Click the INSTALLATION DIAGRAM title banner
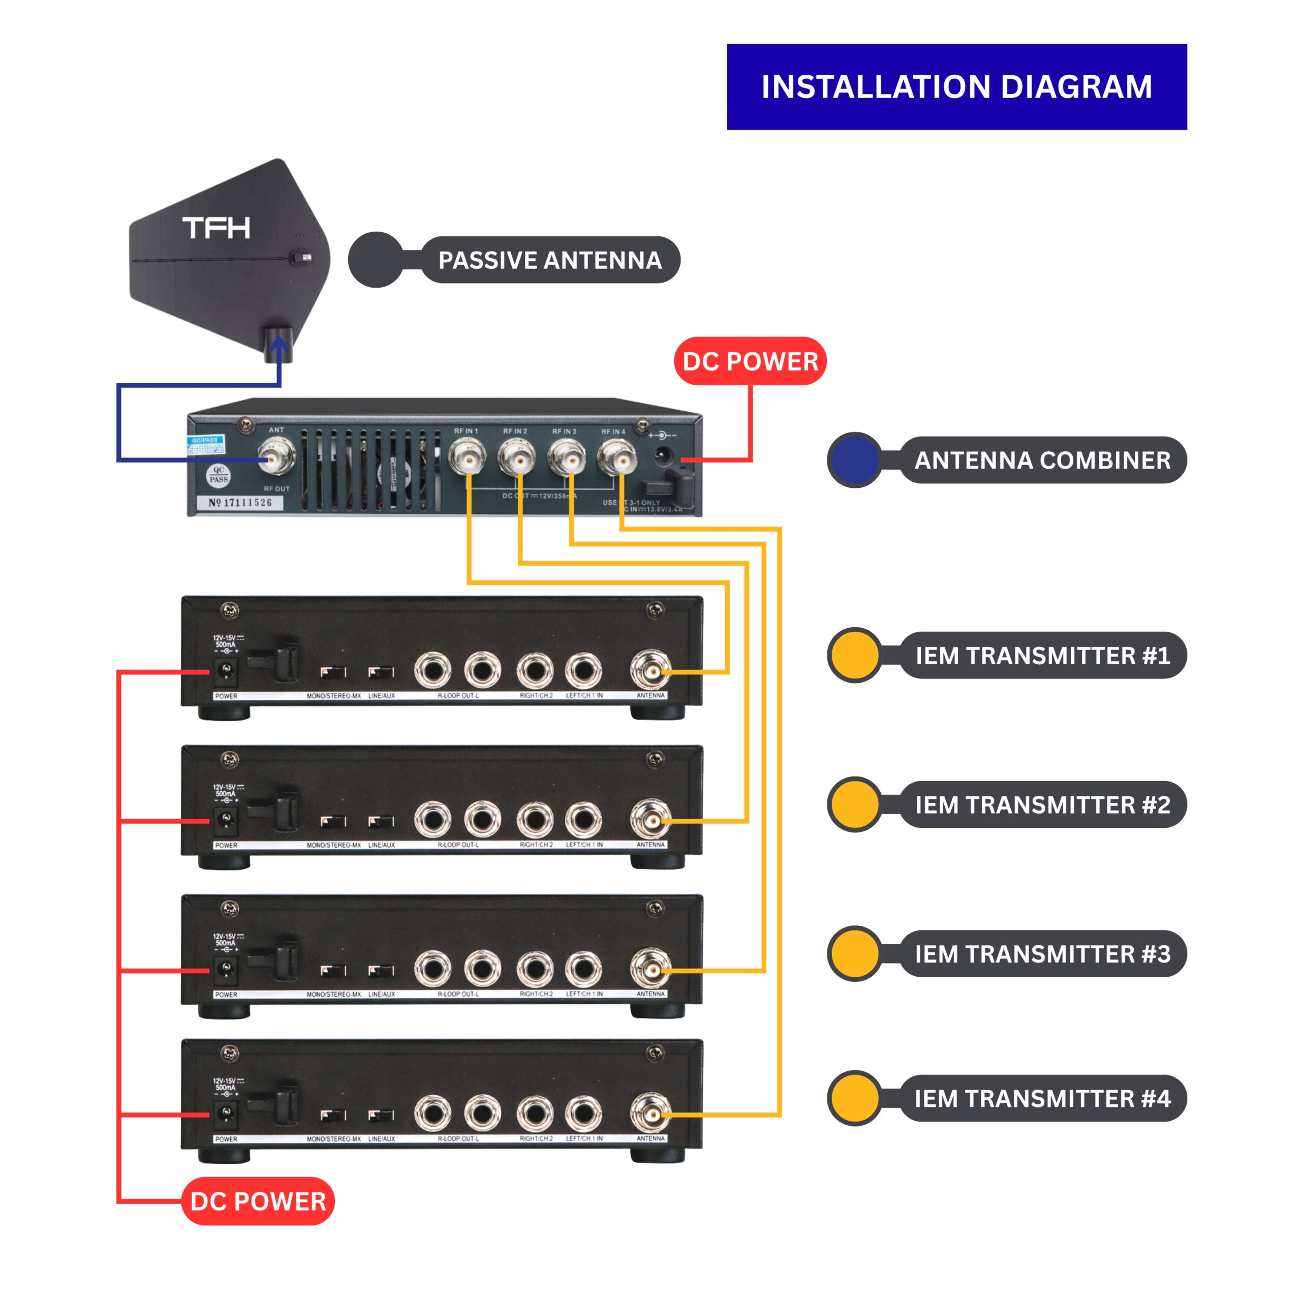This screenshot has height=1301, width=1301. pyautogui.click(x=956, y=87)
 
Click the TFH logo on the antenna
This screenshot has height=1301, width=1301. pyautogui.click(x=216, y=228)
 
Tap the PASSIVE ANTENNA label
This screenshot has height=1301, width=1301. pyautogui.click(x=549, y=260)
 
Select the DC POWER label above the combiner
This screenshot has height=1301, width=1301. pyautogui.click(x=750, y=362)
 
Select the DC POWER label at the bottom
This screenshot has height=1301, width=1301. pyautogui.click(x=258, y=1201)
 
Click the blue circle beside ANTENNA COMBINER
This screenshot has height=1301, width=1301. pyautogui.click(x=854, y=460)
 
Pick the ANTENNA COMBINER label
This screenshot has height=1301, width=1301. pyautogui.click(x=1042, y=460)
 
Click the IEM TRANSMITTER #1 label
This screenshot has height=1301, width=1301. pyautogui.click(x=1042, y=655)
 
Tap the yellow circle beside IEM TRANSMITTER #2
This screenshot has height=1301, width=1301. pyautogui.click(x=854, y=804)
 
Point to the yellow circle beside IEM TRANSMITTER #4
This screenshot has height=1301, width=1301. pyautogui.click(x=854, y=1098)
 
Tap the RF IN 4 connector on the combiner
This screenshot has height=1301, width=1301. pyautogui.click(x=615, y=459)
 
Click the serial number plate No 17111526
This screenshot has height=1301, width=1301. pyautogui.click(x=240, y=502)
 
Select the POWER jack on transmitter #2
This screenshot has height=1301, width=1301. pyautogui.click(x=225, y=820)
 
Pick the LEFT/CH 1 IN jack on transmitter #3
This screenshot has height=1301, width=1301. pyautogui.click(x=583, y=969)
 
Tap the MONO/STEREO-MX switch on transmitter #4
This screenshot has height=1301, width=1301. pyautogui.click(x=333, y=1115)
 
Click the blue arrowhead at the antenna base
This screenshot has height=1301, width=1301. pyautogui.click(x=279, y=344)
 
